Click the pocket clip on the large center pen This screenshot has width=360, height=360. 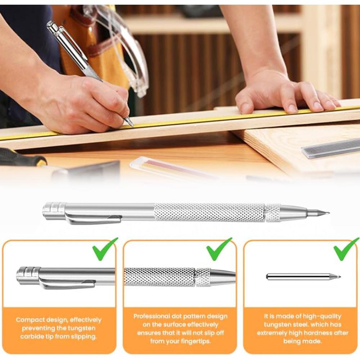click(93, 218)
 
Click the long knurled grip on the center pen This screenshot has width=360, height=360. click(209, 212)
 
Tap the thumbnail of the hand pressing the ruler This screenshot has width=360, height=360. click(246, 108)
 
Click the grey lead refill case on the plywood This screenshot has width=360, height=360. click(330, 149)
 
